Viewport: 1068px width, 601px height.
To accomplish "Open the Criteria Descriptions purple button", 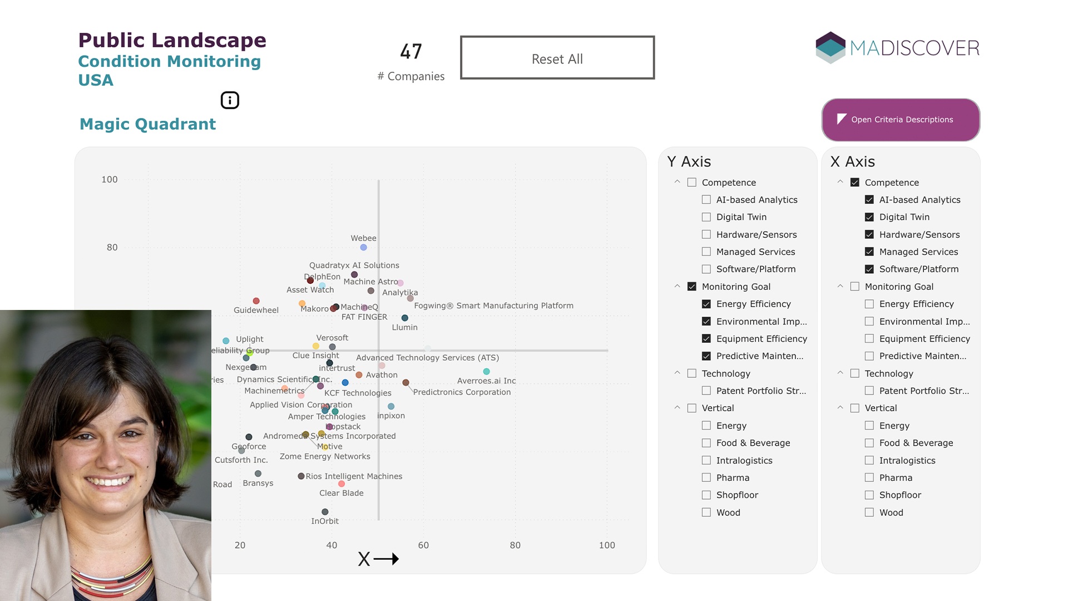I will click(x=901, y=120).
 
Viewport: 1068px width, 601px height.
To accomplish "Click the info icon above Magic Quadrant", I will click(x=230, y=100).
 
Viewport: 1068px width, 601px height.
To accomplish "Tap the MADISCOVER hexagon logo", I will click(x=830, y=47).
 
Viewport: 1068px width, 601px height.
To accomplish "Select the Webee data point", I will click(x=363, y=248).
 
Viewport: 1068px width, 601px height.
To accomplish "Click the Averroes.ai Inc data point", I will click(x=486, y=371).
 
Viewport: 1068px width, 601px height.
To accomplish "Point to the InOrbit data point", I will click(x=325, y=512).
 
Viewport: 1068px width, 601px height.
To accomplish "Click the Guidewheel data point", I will click(x=256, y=301).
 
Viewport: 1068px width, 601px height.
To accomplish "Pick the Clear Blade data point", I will click(x=342, y=484).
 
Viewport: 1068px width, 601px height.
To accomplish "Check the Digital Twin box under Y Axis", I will click(x=706, y=217).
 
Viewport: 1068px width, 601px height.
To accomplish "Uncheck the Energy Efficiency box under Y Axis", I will click(x=706, y=304).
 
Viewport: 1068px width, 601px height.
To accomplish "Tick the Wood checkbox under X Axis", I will click(x=869, y=513).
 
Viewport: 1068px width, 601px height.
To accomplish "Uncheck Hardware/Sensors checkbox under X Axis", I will click(x=869, y=234).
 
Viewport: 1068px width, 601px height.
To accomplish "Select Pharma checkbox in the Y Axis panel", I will click(x=706, y=477).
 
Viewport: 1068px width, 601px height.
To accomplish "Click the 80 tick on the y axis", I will click(x=112, y=248).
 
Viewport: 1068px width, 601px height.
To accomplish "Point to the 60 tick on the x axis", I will click(x=423, y=545).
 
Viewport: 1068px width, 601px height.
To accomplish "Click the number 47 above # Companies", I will click(x=411, y=52).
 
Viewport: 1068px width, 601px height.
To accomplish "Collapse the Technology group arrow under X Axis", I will click(x=840, y=373).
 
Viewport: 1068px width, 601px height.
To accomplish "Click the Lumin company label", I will click(x=404, y=327).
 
